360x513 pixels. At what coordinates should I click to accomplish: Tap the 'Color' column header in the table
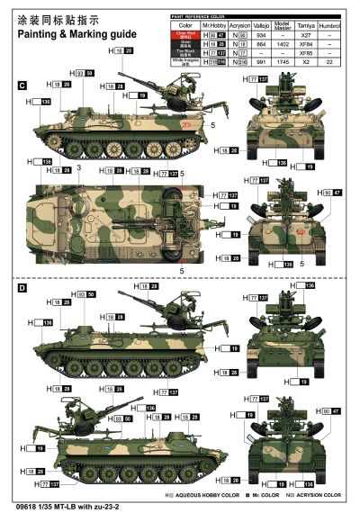184,25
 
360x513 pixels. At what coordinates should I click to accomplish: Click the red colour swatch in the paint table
184,34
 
